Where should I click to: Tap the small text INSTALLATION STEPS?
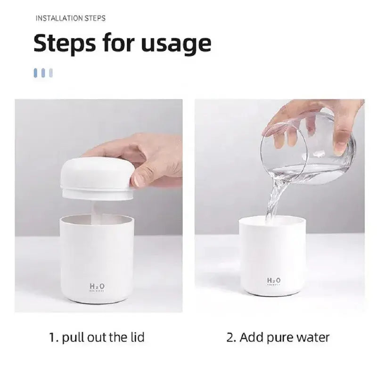pyautogui.click(x=71, y=18)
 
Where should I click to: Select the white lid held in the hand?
pyautogui.click(x=97, y=177)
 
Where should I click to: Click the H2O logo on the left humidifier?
pyautogui.click(x=97, y=286)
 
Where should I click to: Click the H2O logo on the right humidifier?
pyautogui.click(x=274, y=281)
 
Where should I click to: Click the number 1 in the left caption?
pyautogui.click(x=52, y=337)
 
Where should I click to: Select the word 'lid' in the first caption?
pyautogui.click(x=137, y=337)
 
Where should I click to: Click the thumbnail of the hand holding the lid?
pyautogui.click(x=99, y=205)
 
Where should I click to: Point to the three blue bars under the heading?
pyautogui.click(x=43, y=73)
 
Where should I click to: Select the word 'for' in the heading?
pyautogui.click(x=116, y=43)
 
